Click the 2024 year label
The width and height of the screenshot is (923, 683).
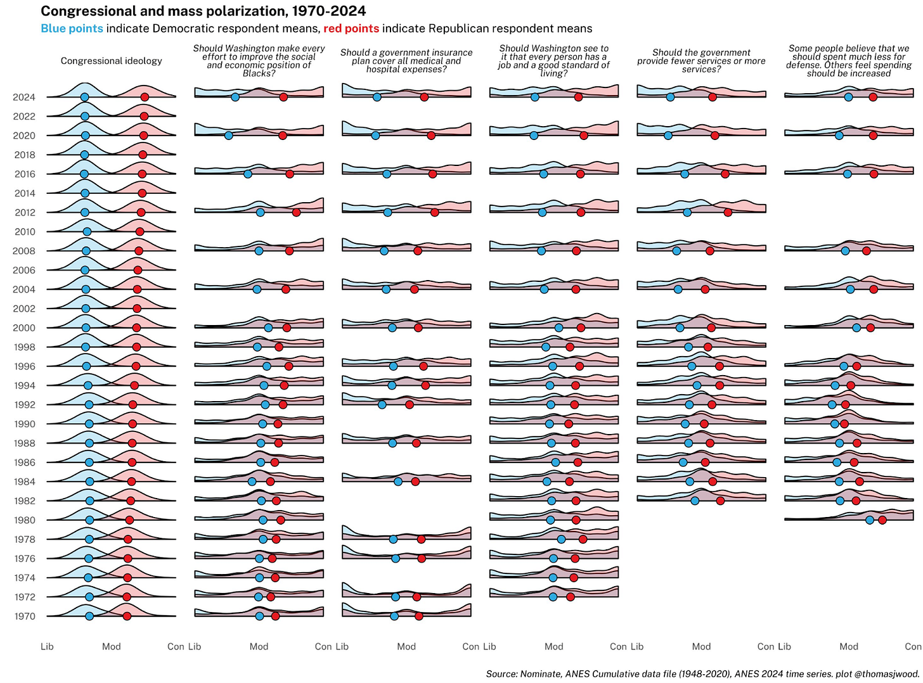click(x=24, y=97)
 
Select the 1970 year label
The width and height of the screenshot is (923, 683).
click(x=24, y=616)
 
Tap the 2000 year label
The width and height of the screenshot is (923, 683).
click(x=24, y=328)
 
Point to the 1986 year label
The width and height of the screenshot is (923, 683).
click(x=24, y=463)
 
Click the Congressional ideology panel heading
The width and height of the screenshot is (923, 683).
click(x=112, y=61)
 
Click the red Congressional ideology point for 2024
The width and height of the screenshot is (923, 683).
click(x=145, y=97)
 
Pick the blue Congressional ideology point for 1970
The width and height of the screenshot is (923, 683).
click(x=89, y=616)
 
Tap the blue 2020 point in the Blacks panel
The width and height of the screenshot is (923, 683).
click(x=229, y=136)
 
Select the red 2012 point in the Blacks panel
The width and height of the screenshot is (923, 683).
click(x=296, y=212)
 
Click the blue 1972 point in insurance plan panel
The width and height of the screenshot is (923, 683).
click(x=396, y=597)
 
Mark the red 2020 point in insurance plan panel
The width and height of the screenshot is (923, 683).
click(x=431, y=136)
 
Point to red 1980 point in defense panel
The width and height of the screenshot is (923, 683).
click(x=882, y=520)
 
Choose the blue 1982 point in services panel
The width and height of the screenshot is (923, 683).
click(x=695, y=501)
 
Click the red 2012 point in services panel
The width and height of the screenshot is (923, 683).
click(x=728, y=212)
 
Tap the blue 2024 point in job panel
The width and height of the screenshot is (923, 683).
click(x=535, y=97)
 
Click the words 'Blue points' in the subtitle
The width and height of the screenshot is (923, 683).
click(x=72, y=29)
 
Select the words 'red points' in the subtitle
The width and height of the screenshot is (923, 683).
click(x=351, y=29)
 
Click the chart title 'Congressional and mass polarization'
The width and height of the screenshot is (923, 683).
click(x=203, y=11)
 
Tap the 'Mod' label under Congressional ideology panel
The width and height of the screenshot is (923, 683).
click(x=112, y=646)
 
